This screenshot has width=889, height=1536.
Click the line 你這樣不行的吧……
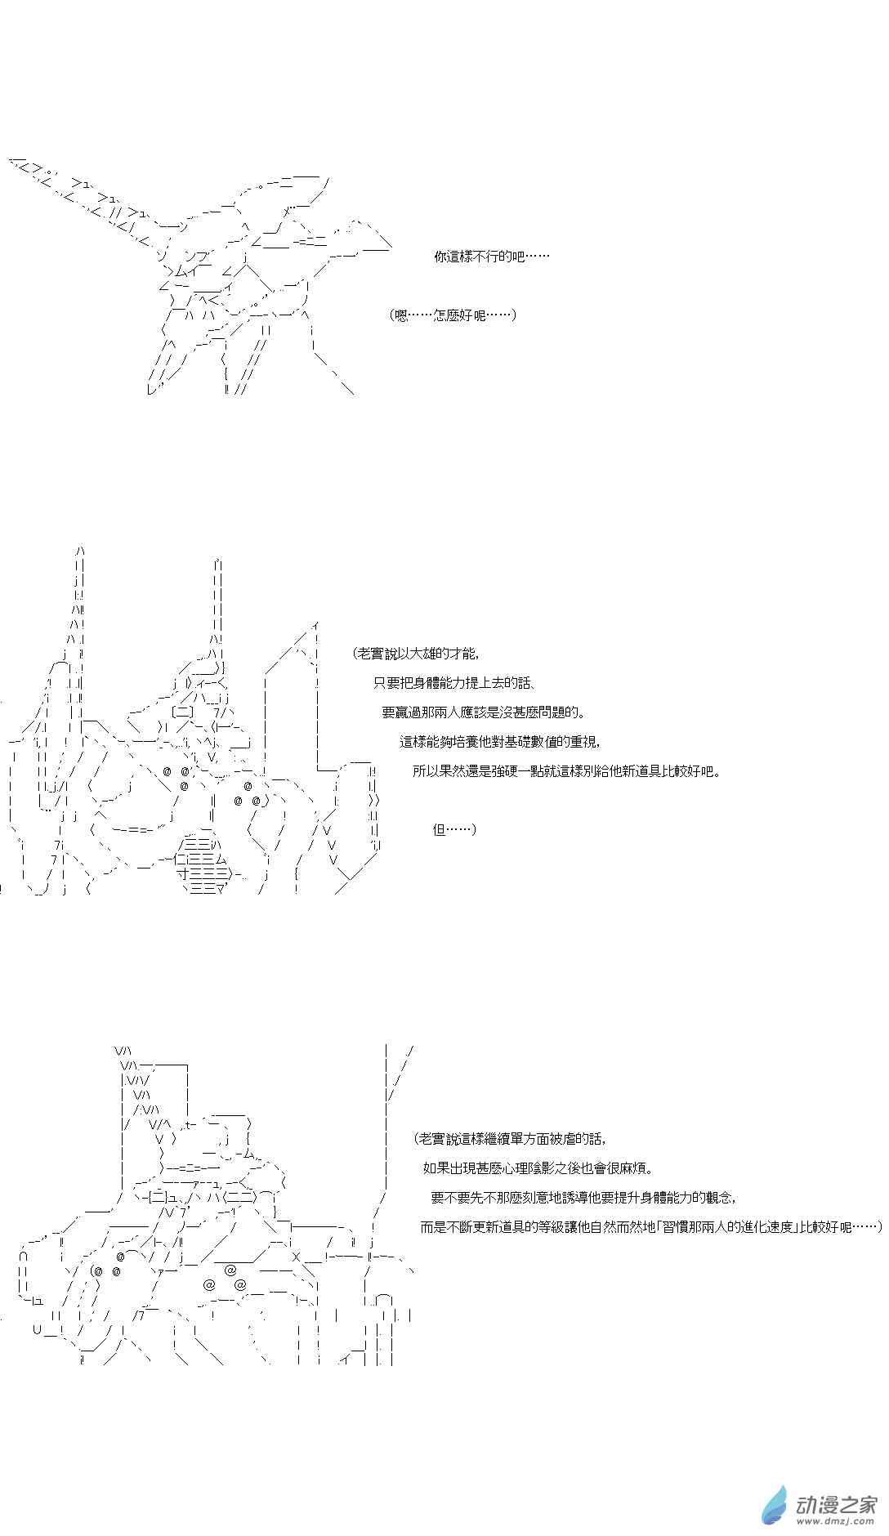coord(491,256)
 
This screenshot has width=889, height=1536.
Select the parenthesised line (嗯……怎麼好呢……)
coord(453,315)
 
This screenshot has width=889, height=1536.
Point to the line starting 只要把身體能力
coord(454,683)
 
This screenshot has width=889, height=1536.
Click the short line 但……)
coord(454,829)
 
